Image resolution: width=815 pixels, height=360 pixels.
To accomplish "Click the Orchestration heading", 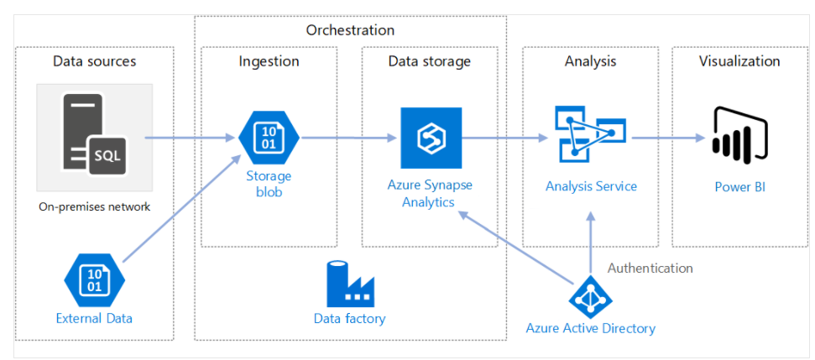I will (350, 30).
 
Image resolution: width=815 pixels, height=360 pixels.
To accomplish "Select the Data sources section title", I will (94, 61).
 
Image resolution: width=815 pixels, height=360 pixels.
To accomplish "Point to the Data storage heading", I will (429, 61).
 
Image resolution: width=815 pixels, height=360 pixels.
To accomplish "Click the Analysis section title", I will (590, 61).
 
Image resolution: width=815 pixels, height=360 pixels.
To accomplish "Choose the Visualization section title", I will (739, 61).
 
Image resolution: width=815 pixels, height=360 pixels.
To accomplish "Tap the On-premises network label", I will (94, 206).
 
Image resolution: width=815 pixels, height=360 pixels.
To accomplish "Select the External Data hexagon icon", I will (94, 280).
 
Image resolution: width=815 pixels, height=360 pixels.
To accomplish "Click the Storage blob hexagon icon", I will (269, 138).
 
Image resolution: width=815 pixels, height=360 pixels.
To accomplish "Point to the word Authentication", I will (650, 269).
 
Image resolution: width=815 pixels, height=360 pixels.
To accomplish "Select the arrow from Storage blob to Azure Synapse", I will (348, 138).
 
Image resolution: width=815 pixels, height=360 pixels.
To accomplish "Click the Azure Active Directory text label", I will (590, 328).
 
